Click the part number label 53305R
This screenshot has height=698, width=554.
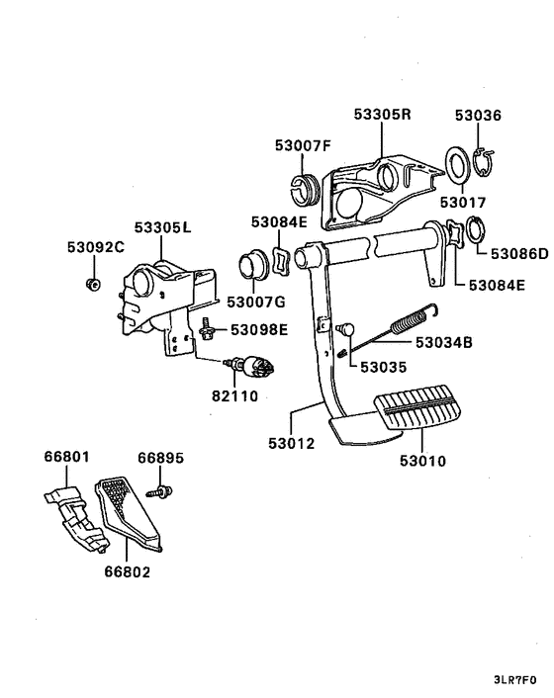click(382, 115)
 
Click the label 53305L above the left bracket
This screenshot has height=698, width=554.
click(163, 227)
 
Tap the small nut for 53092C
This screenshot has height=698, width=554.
click(92, 286)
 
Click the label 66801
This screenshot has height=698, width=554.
click(66, 458)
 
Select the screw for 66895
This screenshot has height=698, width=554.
click(161, 489)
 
